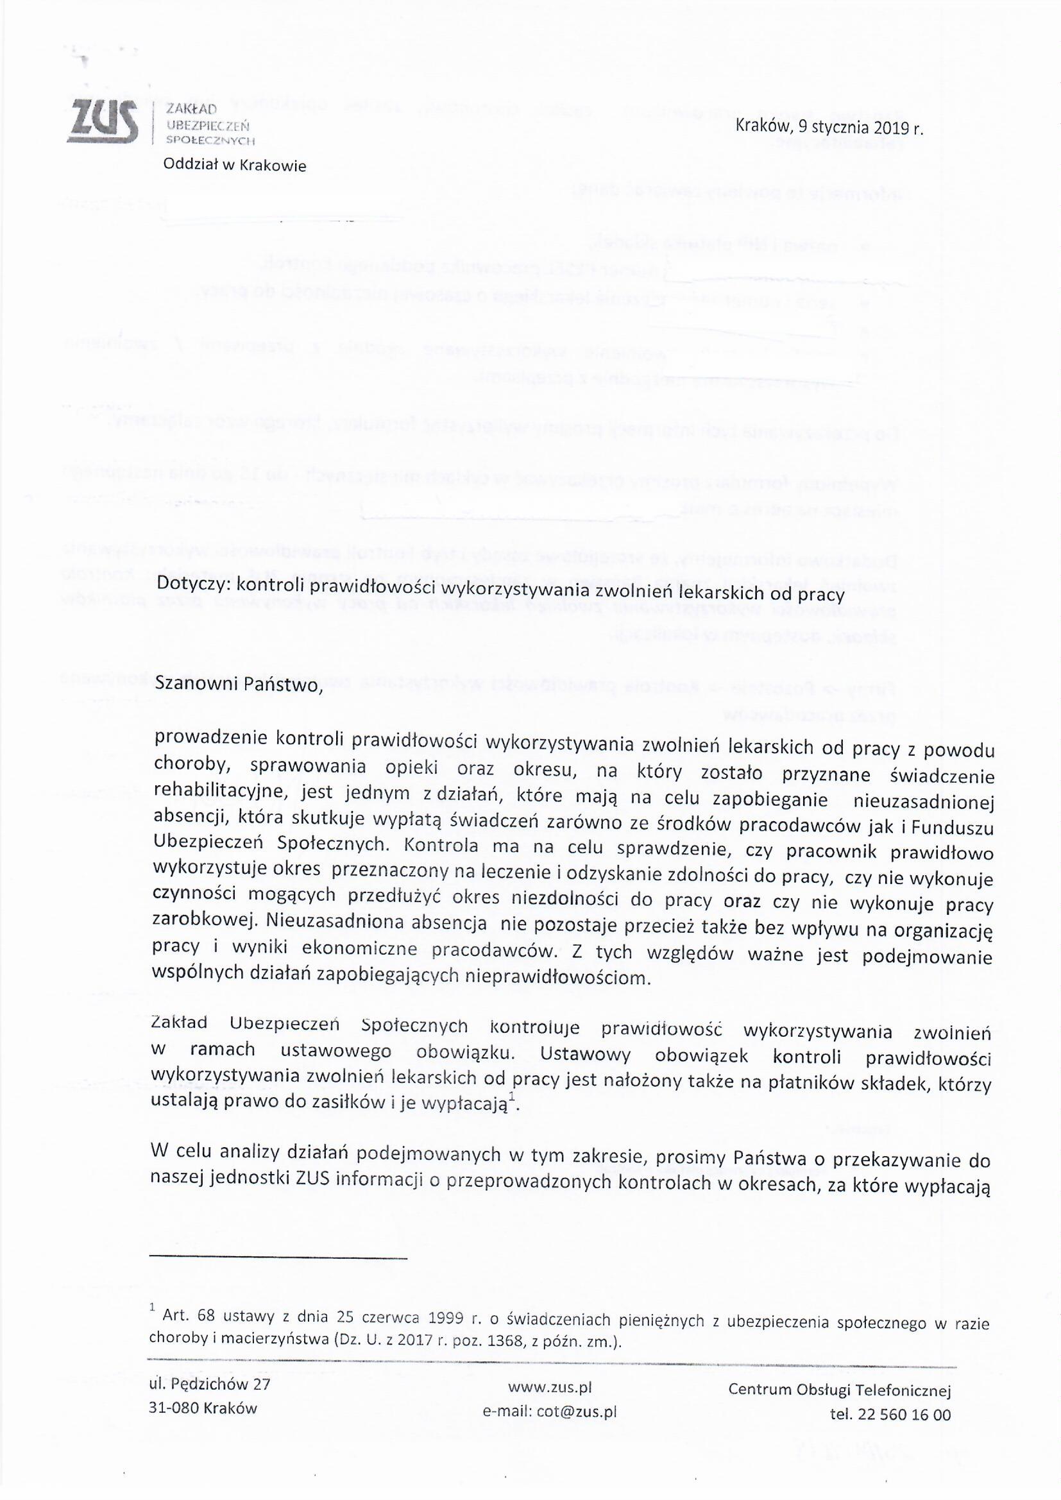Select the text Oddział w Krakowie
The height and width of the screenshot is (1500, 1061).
click(x=234, y=166)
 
